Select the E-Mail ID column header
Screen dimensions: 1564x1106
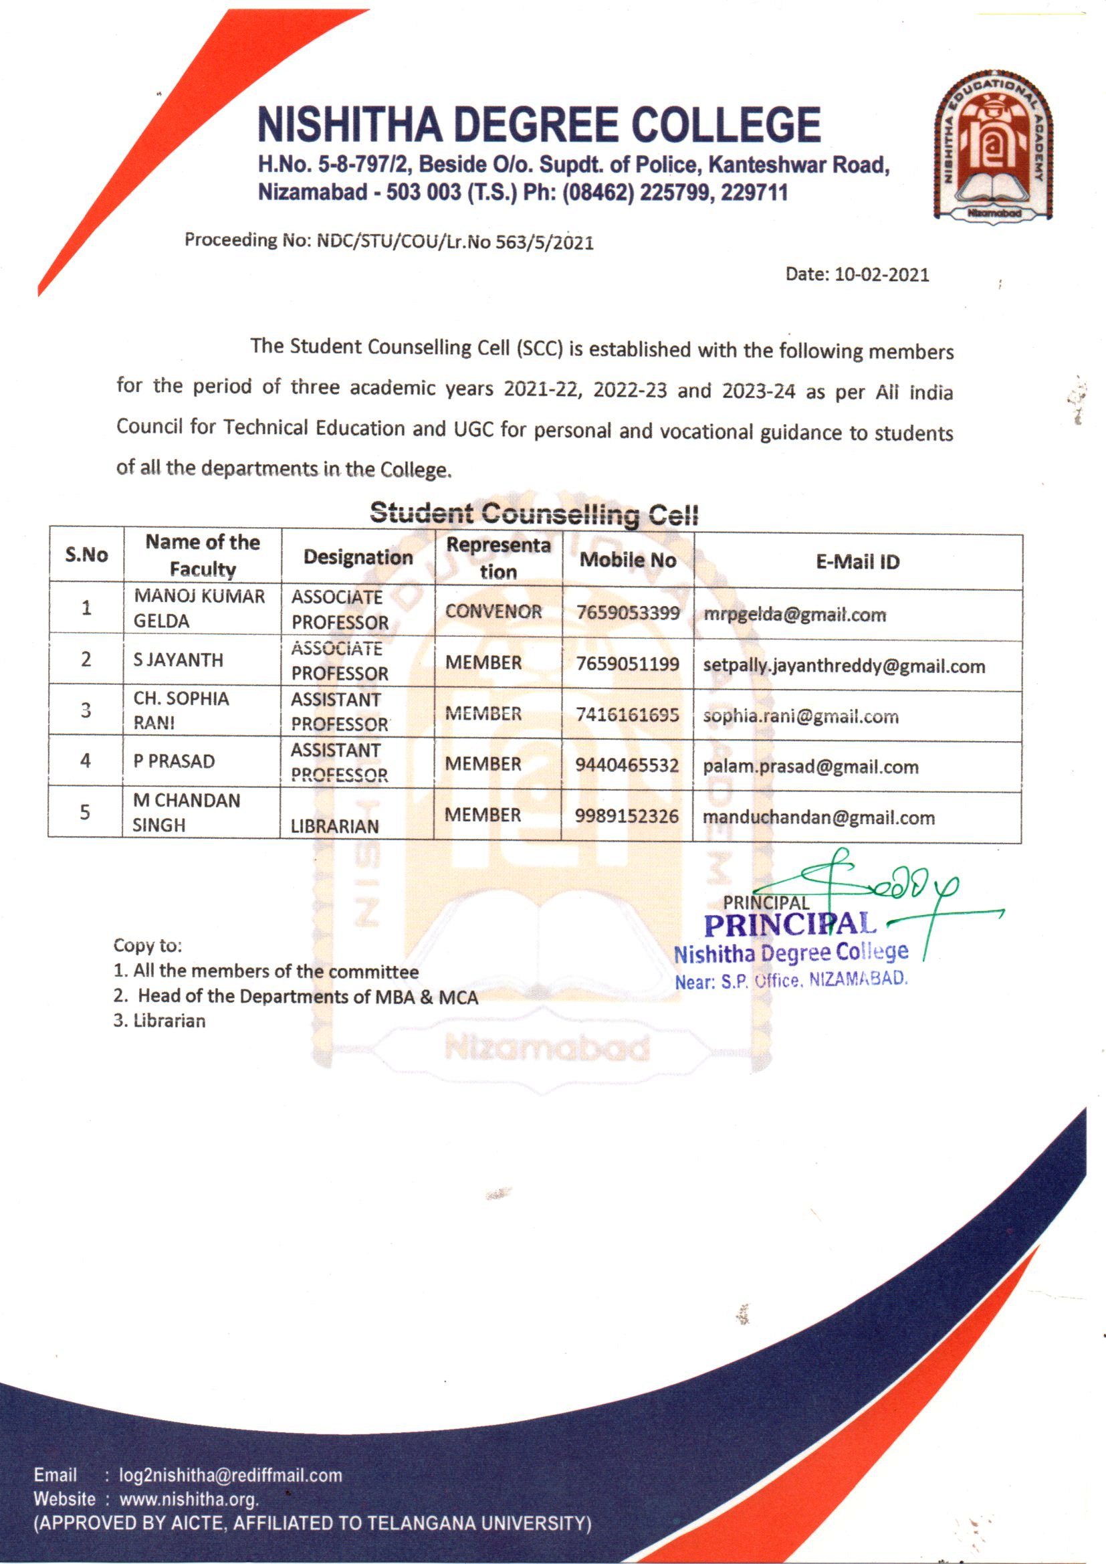tap(857, 562)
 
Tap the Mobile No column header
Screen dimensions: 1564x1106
tap(627, 560)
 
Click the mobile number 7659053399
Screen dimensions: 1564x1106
tap(627, 613)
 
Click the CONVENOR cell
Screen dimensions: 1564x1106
tap(493, 611)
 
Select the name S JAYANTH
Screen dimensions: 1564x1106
tap(179, 660)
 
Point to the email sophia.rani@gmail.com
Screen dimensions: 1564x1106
tap(800, 716)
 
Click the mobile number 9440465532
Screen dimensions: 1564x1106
tap(627, 765)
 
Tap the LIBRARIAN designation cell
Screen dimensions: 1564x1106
tap(334, 826)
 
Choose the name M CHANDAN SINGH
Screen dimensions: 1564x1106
tap(186, 813)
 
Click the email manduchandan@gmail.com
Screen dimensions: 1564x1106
tap(818, 817)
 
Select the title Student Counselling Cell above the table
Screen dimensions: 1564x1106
tap(534, 514)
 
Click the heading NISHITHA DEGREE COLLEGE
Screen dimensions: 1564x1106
tap(539, 124)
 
